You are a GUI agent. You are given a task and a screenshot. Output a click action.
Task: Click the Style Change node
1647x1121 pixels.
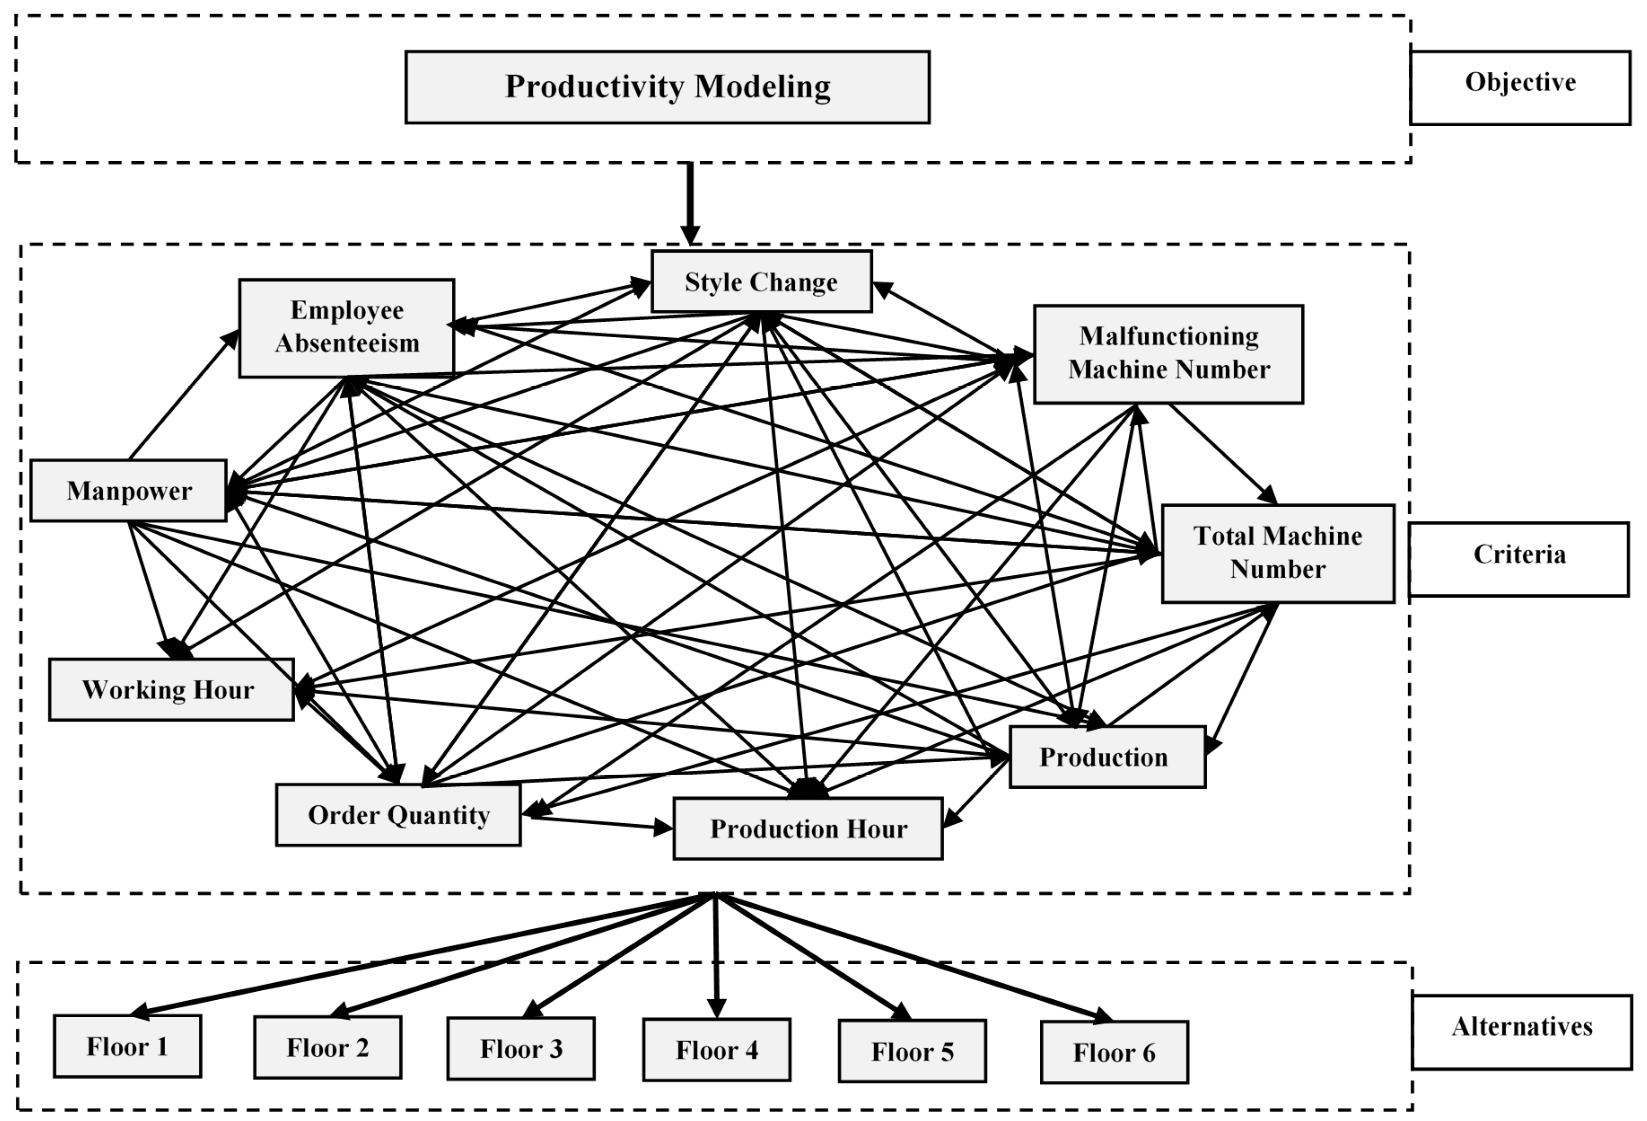pyautogui.click(x=761, y=282)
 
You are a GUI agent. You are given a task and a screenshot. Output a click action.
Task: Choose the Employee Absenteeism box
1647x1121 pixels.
pyautogui.click(x=346, y=327)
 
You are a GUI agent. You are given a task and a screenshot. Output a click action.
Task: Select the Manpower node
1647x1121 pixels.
pyautogui.click(x=128, y=490)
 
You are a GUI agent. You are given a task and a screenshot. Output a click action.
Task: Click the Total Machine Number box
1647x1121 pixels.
pyautogui.click(x=1277, y=553)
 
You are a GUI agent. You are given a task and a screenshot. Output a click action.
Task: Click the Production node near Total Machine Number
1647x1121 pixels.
pyautogui.click(x=1107, y=757)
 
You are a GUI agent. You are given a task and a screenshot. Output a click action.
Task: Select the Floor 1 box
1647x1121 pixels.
pyautogui.click(x=127, y=1046)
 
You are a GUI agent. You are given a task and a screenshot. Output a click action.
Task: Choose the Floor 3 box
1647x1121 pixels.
pyautogui.click(x=521, y=1049)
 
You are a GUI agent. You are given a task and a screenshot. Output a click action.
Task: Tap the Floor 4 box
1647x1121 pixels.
pyautogui.click(x=717, y=1050)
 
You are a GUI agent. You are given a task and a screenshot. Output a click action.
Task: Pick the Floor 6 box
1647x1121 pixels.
pyautogui.click(x=1114, y=1052)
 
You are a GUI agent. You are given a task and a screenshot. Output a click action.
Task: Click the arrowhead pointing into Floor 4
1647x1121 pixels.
pyautogui.click(x=717, y=1007)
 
